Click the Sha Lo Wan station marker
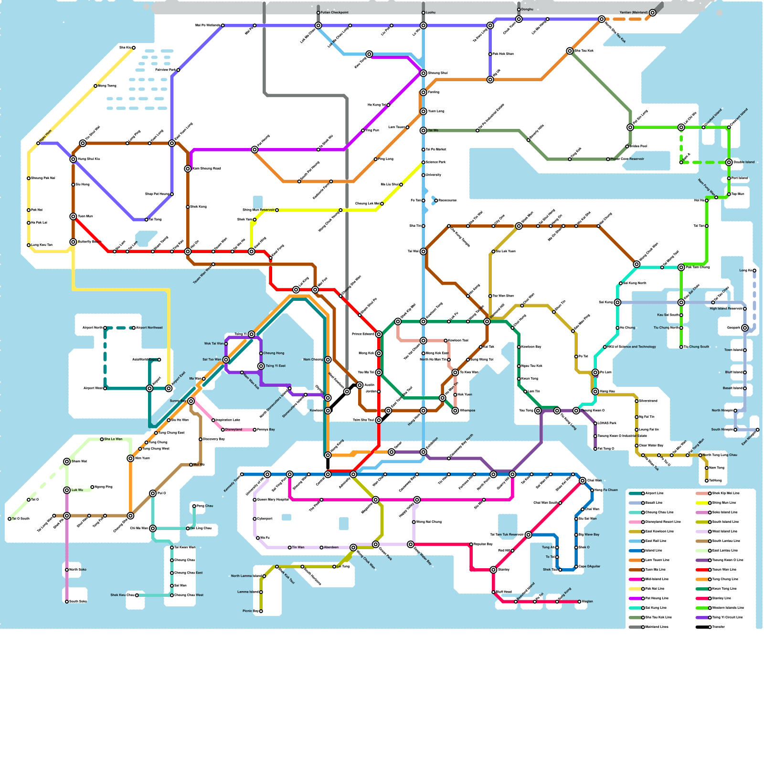(x=102, y=439)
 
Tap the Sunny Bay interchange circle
(x=191, y=401)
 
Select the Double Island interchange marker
(x=729, y=162)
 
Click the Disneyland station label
(x=233, y=430)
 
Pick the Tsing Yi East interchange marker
(x=261, y=366)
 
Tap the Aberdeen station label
(x=331, y=548)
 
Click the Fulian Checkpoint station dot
(x=318, y=13)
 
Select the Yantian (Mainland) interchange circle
(x=652, y=13)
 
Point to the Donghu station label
(x=527, y=10)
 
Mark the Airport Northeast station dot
(x=134, y=328)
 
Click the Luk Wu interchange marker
(x=67, y=490)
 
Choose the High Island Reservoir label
(x=726, y=309)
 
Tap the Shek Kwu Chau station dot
(x=137, y=595)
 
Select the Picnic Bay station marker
(x=261, y=611)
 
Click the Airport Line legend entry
(x=654, y=493)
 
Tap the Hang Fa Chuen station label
(x=606, y=490)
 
